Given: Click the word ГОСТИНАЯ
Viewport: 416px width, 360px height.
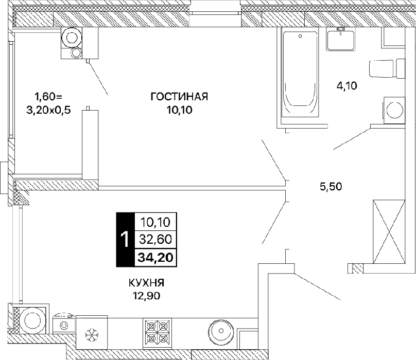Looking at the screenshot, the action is tap(179, 97).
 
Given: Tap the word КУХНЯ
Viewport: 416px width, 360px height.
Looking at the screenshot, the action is tap(146, 283).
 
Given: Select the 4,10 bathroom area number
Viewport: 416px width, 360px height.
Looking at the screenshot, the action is tap(347, 86).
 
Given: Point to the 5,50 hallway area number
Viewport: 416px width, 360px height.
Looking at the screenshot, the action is tap(331, 187).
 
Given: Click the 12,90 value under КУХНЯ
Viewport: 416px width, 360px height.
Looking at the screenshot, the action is tap(146, 296).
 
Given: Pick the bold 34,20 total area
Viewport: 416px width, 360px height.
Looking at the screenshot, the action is tap(155, 257).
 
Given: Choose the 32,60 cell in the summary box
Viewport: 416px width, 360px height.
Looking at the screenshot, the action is tap(155, 239).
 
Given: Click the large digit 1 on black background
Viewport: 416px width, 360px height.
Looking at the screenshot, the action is tap(125, 239).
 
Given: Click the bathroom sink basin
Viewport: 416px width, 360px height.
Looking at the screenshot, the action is tap(341, 41).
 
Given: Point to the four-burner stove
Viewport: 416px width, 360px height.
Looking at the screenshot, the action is tap(157, 333).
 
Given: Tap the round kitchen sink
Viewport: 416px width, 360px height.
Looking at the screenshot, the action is tap(221, 330).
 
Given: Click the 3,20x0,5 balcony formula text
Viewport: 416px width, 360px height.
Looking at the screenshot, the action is tap(48, 110).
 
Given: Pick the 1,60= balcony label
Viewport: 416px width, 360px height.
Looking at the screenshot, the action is tap(48, 97).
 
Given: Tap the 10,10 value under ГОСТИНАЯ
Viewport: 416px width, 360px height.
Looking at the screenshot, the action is tap(179, 110).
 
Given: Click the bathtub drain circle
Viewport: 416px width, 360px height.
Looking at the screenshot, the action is tap(300, 37).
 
